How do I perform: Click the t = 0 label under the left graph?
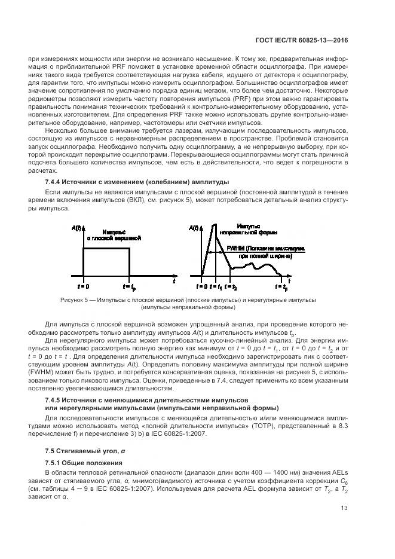click(83, 279)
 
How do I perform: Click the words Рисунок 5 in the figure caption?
click(74, 300)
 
